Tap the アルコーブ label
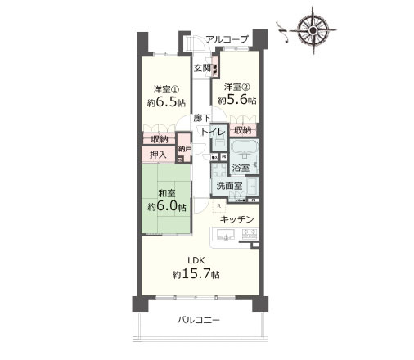click(227, 38)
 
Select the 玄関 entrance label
click(202, 68)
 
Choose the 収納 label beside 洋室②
click(242, 130)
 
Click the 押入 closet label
click(159, 154)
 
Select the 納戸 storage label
click(185, 149)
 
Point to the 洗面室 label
click(228, 186)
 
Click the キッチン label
click(236, 219)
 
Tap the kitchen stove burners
click(250, 236)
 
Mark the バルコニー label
click(200, 320)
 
